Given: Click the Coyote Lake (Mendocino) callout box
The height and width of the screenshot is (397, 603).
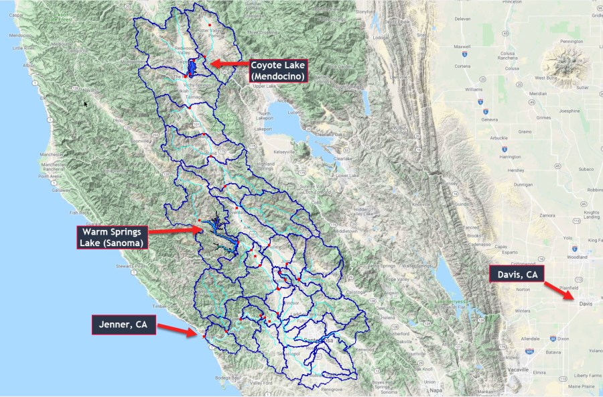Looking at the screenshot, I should tap(278, 71).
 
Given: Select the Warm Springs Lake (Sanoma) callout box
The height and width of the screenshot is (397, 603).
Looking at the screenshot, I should tap(113, 237).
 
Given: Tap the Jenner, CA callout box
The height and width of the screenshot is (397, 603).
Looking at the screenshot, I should tap(124, 326).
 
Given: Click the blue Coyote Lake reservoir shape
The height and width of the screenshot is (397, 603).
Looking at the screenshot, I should tap(192, 67).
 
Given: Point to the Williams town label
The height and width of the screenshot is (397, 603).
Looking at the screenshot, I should tap(474, 89).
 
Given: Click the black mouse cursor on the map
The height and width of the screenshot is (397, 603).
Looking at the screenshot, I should tap(86, 104).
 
